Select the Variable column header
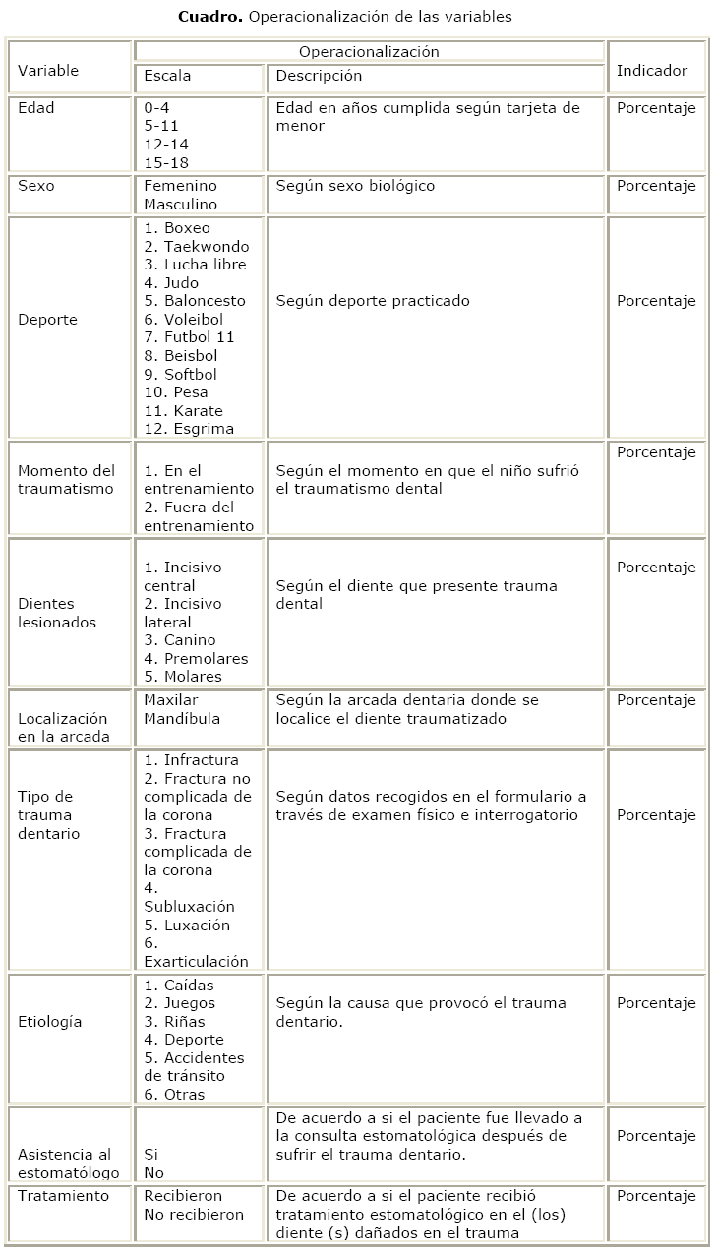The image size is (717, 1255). click(48, 71)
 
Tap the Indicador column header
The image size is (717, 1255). click(651, 71)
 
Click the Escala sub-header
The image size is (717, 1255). click(167, 76)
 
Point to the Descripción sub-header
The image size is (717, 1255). click(319, 76)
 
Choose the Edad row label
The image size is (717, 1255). click(36, 108)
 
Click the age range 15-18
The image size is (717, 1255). click(165, 163)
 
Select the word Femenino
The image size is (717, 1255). click(180, 186)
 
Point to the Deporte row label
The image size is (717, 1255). click(47, 320)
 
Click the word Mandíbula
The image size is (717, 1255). click(182, 719)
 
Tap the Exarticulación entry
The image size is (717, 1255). click(196, 961)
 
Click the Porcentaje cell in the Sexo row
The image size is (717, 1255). click(656, 186)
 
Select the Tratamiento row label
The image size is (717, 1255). click(63, 1197)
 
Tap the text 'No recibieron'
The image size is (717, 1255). click(194, 1215)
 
